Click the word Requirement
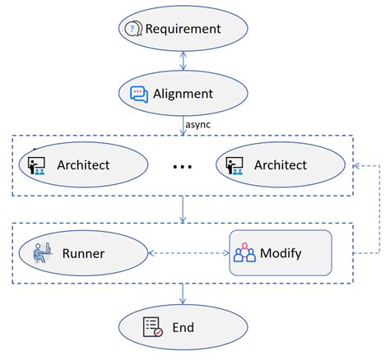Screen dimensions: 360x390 (183, 29)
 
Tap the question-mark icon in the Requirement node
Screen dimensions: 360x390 (132, 29)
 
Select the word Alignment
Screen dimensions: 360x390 (183, 94)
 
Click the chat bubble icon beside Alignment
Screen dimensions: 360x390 (139, 94)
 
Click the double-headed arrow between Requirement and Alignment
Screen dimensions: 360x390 (183, 62)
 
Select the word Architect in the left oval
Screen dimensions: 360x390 (83, 165)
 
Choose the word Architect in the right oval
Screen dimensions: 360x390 (281, 165)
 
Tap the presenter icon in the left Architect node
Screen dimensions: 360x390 (37, 165)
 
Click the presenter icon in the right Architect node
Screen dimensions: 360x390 (235, 165)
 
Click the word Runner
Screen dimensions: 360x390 (83, 253)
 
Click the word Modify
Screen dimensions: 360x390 (281, 253)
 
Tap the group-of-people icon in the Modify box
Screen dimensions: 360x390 (244, 253)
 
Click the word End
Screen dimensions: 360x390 (183, 327)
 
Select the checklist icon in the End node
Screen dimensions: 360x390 (152, 326)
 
